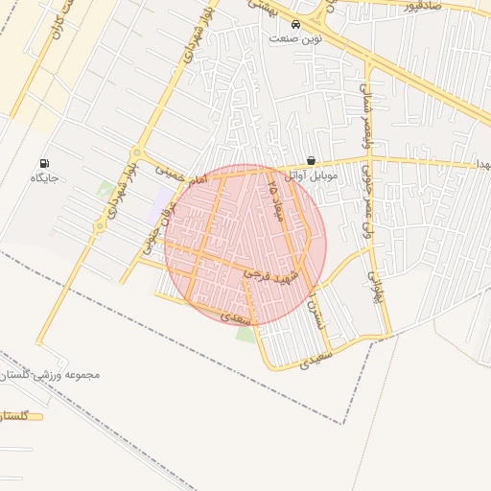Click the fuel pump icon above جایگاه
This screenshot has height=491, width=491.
pos(44,163)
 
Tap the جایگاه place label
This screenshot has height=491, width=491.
pos(44,178)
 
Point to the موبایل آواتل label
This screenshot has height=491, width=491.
pos(309,175)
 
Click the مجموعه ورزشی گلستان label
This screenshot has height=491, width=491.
pos(52,374)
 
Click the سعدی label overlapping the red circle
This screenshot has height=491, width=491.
pos(235,314)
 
